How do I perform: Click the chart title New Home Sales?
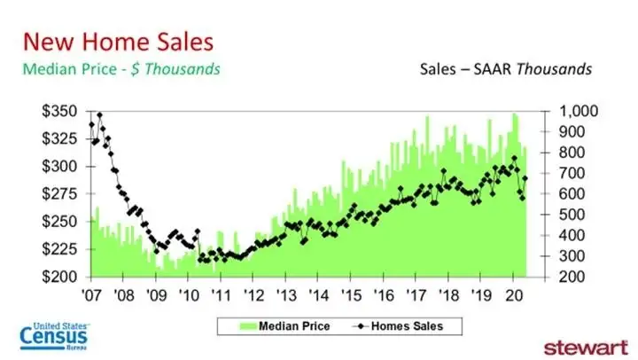tap(117, 42)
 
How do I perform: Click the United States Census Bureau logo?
tap(53, 336)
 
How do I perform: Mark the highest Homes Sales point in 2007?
tap(99, 115)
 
